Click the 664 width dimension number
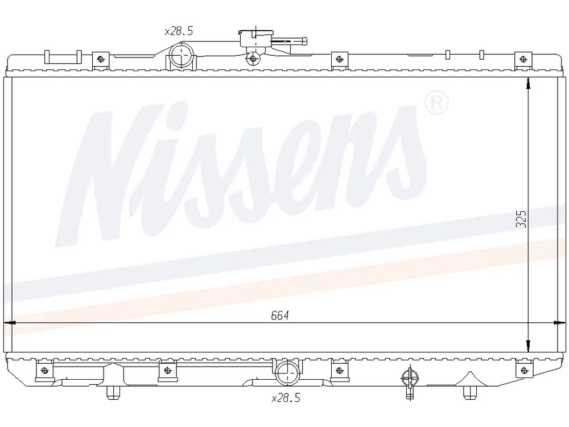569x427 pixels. pos(280,315)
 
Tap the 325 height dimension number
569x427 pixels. pos(521,219)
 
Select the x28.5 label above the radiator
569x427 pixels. pos(179,31)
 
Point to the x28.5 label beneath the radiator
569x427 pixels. pos(286,398)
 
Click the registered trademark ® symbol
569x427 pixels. pos(436,102)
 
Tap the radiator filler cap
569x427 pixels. pos(255,38)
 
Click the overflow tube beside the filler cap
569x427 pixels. pos(290,40)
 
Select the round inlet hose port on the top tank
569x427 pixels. pos(180,56)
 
